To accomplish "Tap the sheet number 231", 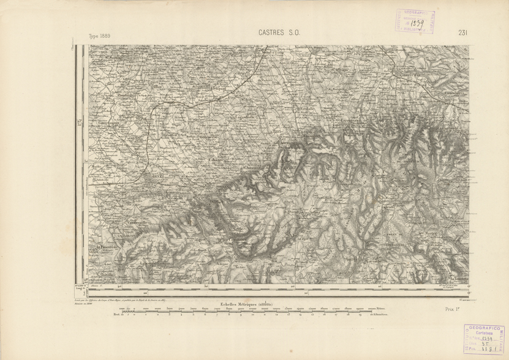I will coord(464,34).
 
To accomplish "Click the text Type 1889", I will coord(102,36).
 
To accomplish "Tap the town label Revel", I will coord(158,177).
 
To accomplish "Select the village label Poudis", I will coord(126,96).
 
